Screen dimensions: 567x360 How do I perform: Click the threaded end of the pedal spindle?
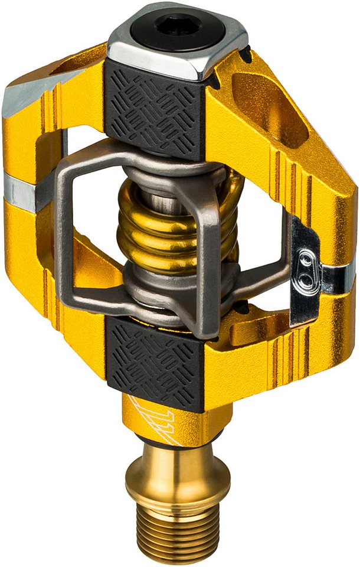click(x=177, y=532)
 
